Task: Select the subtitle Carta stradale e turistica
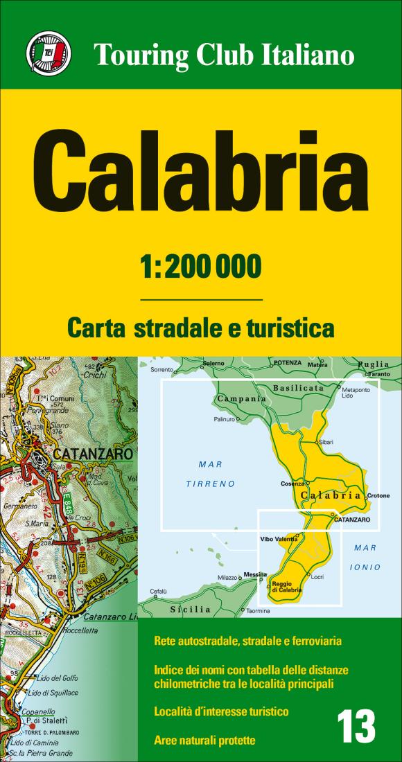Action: (201, 327)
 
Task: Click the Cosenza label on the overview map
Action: (292, 484)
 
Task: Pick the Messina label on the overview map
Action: (254, 574)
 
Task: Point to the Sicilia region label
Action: (190, 610)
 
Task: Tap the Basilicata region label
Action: (299, 388)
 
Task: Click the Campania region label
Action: (241, 399)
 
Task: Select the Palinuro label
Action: (223, 419)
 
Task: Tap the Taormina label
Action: (258, 612)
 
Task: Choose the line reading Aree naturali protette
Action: (205, 741)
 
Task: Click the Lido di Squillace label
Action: (53, 693)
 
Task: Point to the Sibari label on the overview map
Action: (326, 442)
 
